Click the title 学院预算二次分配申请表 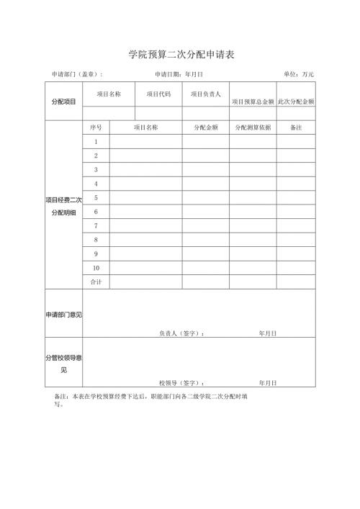point(181,54)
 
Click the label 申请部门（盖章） point(77,74)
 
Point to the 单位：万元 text point(299,74)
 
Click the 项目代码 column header point(158,94)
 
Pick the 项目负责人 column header point(205,94)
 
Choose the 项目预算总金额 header point(253,102)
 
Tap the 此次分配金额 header point(296,102)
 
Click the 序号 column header point(96,127)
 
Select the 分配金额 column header point(205,127)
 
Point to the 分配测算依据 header point(253,127)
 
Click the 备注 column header point(295,127)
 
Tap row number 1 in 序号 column point(96,142)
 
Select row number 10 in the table point(96,268)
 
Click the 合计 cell point(96,281)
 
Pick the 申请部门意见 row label point(63,315)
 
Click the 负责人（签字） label point(181,333)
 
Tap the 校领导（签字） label point(181,383)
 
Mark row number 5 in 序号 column point(96,197)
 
